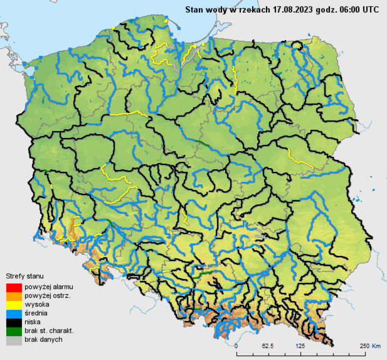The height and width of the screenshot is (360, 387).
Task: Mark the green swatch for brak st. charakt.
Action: [x=13, y=331]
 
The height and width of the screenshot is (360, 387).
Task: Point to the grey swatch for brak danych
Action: [x=13, y=340]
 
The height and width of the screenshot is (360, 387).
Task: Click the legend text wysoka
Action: [x=37, y=304]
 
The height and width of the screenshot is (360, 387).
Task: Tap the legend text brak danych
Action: [x=44, y=339]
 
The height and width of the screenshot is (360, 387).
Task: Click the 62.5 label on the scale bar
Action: [x=268, y=346]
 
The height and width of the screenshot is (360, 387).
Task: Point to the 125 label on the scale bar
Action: [x=300, y=346]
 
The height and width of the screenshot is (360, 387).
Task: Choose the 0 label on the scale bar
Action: [x=236, y=346]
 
